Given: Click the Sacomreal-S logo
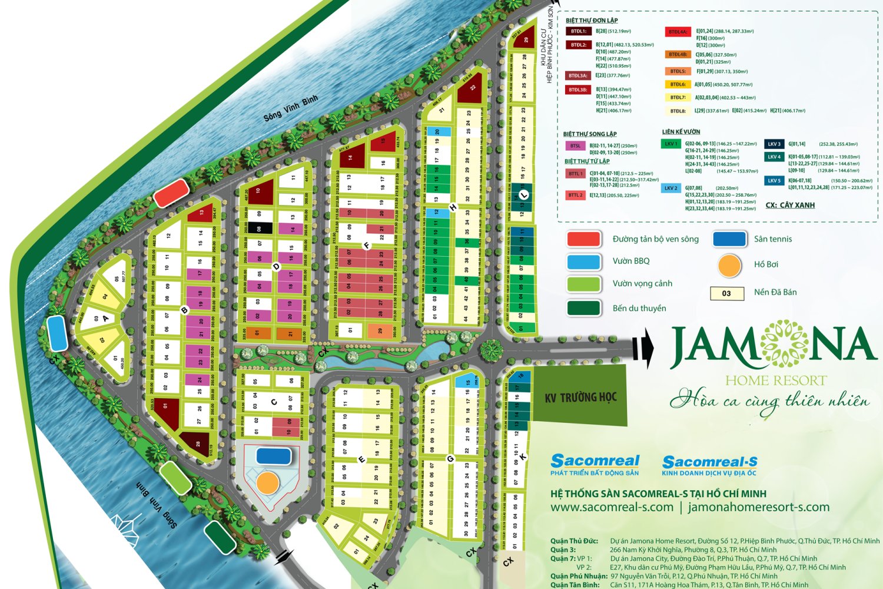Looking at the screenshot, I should (x=709, y=464).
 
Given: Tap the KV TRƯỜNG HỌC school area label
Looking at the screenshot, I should (x=580, y=397).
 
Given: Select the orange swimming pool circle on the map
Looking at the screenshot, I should (x=268, y=482).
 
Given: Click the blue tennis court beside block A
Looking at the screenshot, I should (x=57, y=333).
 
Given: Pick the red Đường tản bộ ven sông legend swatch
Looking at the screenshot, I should (x=583, y=239).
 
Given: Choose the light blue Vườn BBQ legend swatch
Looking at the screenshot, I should (x=583, y=262).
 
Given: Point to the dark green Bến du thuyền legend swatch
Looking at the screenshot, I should (x=583, y=308).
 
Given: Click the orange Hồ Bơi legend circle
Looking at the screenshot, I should (x=729, y=266).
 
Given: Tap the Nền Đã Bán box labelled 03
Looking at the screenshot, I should (x=726, y=293).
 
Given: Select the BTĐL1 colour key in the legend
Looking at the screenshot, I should (x=578, y=31).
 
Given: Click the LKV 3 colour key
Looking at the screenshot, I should (x=774, y=144).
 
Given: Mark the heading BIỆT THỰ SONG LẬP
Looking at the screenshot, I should (x=590, y=134).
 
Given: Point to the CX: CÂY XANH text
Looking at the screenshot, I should (x=790, y=205).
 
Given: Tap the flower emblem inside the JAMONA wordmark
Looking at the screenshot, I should (x=784, y=345).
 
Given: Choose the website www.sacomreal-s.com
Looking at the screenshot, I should (x=612, y=507).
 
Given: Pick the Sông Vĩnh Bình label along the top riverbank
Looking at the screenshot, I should (x=290, y=108).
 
